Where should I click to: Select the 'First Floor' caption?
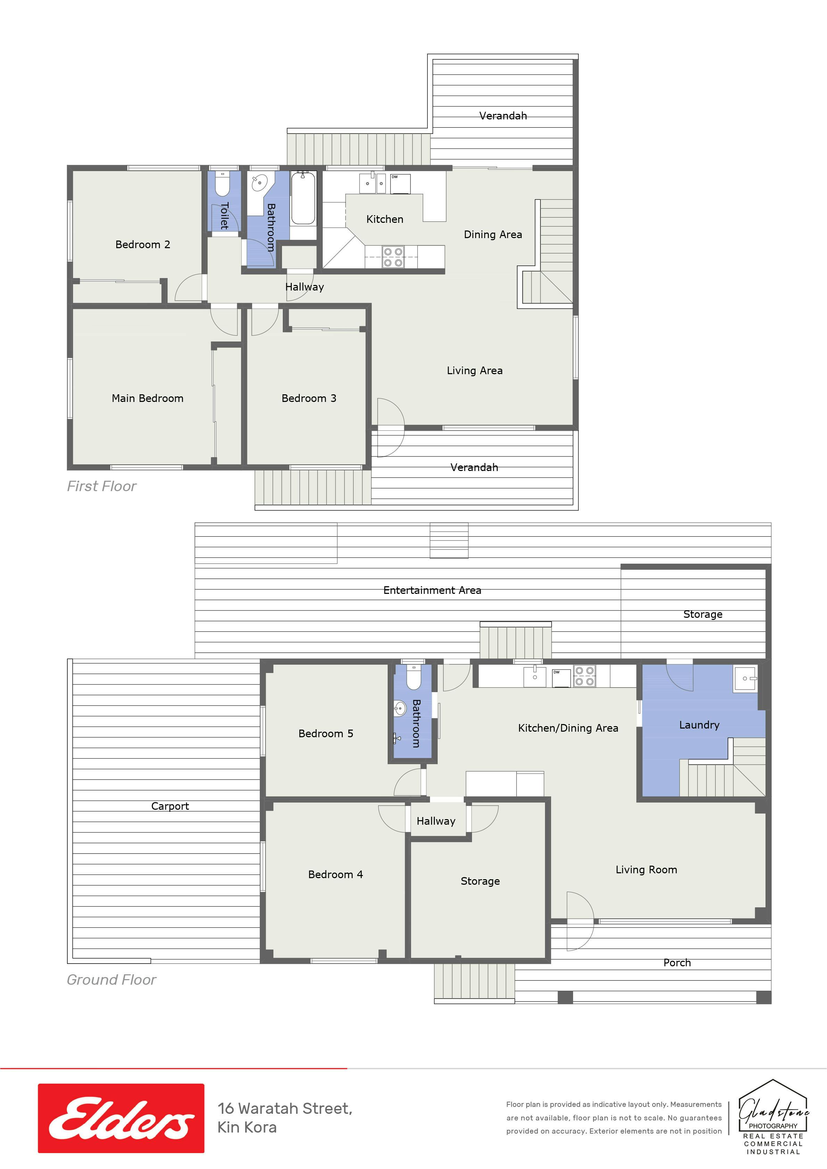coord(102,486)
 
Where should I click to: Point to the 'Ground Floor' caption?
coord(111,979)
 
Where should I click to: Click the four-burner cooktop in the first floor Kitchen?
coord(393,257)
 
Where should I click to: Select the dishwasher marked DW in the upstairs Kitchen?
coord(400,184)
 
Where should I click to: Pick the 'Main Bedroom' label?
coord(147,398)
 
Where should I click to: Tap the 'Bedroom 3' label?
coord(309,398)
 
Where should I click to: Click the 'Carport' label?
coord(170,806)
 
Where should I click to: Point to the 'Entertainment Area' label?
coord(432,590)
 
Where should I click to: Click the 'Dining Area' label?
coord(493,235)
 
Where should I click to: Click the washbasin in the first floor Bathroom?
coord(260,181)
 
